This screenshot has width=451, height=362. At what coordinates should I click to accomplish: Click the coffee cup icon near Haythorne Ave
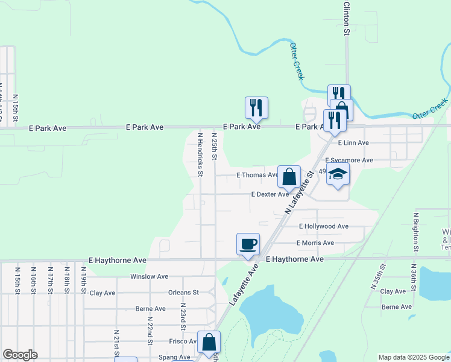(248, 244)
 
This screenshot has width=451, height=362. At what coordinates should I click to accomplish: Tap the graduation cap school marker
(338, 174)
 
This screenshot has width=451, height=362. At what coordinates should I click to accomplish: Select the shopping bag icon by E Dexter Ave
(289, 177)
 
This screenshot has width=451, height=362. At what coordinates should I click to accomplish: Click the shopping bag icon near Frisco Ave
(209, 342)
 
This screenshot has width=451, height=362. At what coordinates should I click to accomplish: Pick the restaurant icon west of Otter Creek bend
(256, 108)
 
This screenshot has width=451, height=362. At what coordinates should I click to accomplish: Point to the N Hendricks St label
(200, 154)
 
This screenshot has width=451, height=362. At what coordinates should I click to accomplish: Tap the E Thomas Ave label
(257, 175)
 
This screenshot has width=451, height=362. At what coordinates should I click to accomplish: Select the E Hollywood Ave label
(324, 226)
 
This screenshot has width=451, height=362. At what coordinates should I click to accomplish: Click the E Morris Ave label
(315, 243)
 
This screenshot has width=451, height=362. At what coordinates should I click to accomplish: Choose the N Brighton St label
(415, 232)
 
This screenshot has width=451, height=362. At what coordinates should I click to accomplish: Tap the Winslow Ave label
(149, 276)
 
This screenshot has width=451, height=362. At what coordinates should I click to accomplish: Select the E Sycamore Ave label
(349, 160)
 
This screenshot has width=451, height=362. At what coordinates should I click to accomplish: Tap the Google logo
(20, 355)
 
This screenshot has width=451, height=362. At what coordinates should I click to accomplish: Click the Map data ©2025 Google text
(414, 357)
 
